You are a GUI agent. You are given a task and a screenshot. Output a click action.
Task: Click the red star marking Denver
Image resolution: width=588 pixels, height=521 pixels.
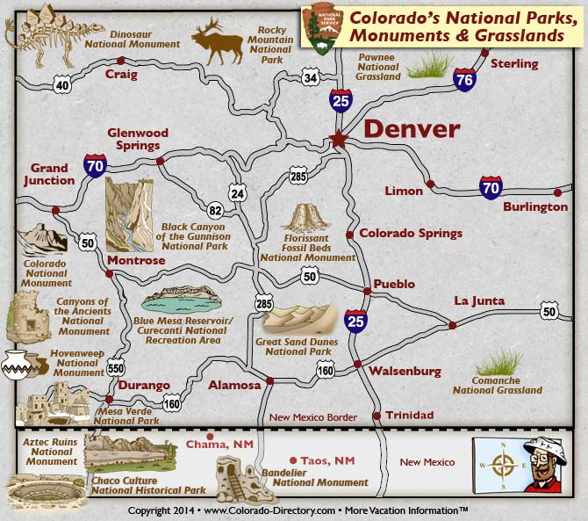tap(338, 139)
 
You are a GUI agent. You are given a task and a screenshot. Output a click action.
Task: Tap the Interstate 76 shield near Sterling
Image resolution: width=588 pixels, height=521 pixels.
tap(466, 81)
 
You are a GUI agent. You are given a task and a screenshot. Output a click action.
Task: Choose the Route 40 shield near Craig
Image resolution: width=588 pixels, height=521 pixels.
tap(61, 85)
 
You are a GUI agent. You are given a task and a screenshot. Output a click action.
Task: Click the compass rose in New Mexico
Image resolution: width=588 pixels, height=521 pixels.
tap(502, 464)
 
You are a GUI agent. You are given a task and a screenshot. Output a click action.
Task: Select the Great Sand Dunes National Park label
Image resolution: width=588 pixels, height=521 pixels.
tap(293, 346)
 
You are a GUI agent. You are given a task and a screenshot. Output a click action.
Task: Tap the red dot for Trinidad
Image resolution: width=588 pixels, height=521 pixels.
tap(377, 416)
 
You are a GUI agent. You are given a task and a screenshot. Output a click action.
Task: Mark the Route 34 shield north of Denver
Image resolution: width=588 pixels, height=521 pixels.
tap(309, 78)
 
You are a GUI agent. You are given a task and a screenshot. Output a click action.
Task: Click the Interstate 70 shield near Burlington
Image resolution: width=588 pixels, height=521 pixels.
tap(491, 186)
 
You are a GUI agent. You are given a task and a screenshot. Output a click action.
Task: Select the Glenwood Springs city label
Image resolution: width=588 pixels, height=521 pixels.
tap(133, 139)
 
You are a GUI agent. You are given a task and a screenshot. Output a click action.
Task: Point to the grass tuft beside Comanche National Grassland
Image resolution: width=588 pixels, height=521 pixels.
tap(500, 361)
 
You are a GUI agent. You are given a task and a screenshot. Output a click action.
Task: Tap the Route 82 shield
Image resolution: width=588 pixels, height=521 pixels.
tap(215, 210)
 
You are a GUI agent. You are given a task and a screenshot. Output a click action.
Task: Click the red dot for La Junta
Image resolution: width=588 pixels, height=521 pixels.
tap(453, 325)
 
